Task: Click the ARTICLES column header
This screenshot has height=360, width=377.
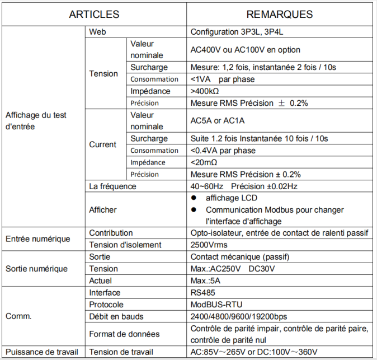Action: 94,15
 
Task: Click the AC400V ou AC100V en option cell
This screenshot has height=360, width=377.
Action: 245,50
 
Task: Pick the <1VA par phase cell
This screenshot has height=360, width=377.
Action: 223,80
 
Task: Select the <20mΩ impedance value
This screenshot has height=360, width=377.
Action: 205,162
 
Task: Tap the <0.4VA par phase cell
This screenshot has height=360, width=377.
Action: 223,151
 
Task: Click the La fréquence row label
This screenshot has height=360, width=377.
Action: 112,186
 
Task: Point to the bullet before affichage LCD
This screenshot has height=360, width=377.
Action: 195,198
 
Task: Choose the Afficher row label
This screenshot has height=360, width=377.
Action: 103,210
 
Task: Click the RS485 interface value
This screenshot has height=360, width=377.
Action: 203,293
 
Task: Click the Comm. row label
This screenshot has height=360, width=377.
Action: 18,316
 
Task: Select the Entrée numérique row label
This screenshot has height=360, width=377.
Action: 38,239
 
